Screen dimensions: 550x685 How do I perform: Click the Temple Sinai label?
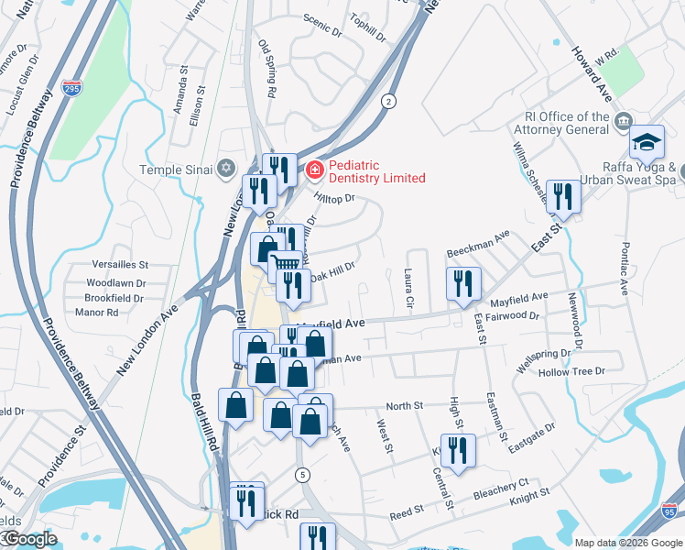pos(175,170)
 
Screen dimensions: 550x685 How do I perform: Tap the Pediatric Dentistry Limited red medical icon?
pos(314,170)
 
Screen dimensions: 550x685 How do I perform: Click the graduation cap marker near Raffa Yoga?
pos(647,142)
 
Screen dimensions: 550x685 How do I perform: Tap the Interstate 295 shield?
pos(72,88)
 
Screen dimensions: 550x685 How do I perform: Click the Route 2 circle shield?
pos(389,101)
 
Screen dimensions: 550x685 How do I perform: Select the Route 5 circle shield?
pos(302,474)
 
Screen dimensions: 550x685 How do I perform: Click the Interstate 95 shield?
pos(671,514)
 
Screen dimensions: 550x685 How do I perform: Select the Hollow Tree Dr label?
pos(572,371)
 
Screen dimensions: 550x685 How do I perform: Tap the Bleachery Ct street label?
pos(502,488)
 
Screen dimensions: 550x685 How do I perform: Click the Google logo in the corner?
pos(30,540)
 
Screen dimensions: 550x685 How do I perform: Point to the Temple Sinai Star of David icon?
pos(227,169)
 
